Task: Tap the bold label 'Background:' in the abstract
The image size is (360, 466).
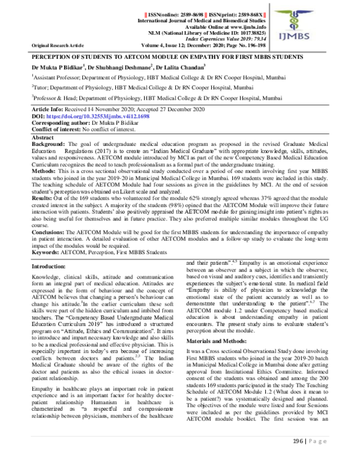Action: tap(50, 145)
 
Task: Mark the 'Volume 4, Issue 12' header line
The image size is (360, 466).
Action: tap(202, 45)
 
